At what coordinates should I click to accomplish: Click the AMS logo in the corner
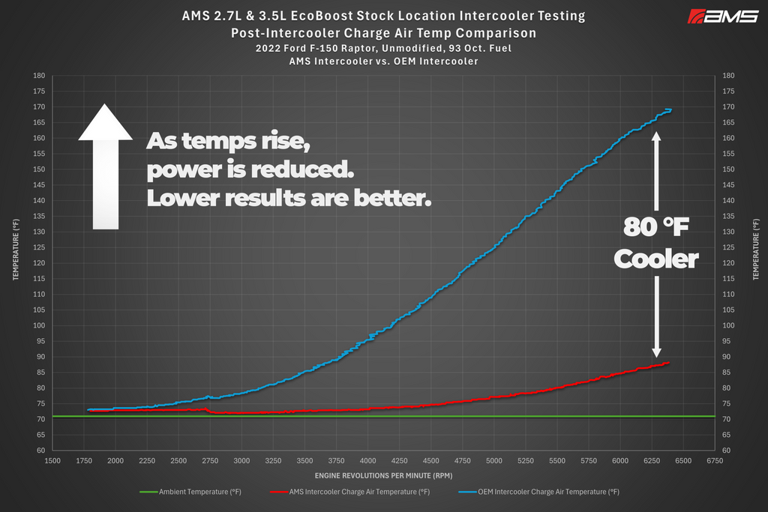[723, 16]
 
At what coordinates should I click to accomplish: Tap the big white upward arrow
[105, 166]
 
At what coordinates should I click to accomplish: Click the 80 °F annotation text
[655, 226]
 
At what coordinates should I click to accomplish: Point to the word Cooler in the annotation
[655, 259]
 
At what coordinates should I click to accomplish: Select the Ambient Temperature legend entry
[190, 492]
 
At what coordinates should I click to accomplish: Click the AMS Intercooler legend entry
[349, 492]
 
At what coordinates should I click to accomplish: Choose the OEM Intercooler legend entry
[539, 492]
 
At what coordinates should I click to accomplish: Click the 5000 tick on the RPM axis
[493, 460]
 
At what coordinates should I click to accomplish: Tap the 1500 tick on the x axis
[52, 460]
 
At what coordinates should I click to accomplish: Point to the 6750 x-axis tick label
[715, 460]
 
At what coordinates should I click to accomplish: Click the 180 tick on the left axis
[39, 76]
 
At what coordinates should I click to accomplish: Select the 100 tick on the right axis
[728, 325]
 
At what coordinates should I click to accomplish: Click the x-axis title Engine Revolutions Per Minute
[383, 475]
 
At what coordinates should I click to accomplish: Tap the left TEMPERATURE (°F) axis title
[16, 249]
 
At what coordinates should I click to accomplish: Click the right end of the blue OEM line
[671, 110]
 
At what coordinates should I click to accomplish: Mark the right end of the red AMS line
[669, 363]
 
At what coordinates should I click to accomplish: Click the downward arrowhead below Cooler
[656, 352]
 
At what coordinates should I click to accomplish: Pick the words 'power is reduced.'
[250, 170]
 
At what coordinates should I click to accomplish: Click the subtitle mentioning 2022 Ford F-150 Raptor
[383, 49]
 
